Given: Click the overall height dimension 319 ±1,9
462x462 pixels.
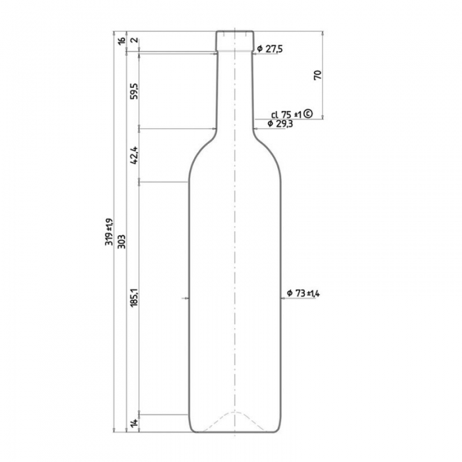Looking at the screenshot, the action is click(x=109, y=232).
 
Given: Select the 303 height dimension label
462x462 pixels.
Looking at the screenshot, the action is click(x=121, y=242).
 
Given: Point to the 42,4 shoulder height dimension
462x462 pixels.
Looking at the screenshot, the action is click(x=135, y=155).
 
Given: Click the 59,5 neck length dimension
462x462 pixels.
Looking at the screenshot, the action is click(x=135, y=91).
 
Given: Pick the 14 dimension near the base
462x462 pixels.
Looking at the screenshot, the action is click(x=135, y=424).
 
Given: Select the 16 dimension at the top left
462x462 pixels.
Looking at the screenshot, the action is click(x=121, y=41).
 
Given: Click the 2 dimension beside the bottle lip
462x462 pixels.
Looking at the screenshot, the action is click(x=135, y=40).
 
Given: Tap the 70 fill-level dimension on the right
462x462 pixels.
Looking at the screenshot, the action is click(x=317, y=75).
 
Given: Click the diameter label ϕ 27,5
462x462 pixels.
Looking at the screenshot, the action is click(x=269, y=49).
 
